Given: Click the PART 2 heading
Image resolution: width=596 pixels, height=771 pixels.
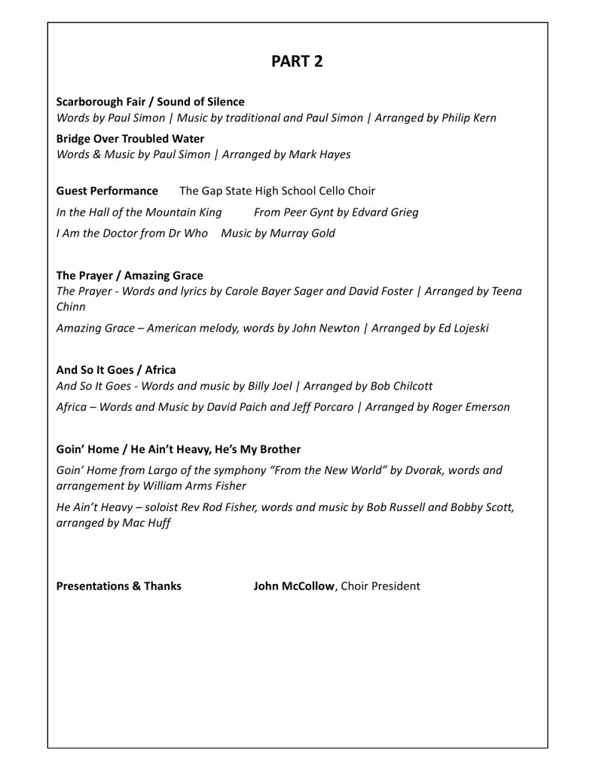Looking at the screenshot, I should [x=298, y=62].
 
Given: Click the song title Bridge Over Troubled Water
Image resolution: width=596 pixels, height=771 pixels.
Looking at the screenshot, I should [x=130, y=139].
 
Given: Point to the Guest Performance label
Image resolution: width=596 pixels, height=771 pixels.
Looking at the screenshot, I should [x=107, y=191].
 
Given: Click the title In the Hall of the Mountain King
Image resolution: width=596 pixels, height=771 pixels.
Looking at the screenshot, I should [x=139, y=212].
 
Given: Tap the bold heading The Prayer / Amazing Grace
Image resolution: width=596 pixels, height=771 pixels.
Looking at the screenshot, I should [x=130, y=275].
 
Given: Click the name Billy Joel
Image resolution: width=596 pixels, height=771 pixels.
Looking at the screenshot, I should [x=269, y=386].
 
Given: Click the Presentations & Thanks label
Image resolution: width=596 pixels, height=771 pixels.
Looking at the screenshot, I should [x=119, y=586].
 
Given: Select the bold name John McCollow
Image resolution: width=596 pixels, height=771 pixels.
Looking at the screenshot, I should [x=294, y=586].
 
